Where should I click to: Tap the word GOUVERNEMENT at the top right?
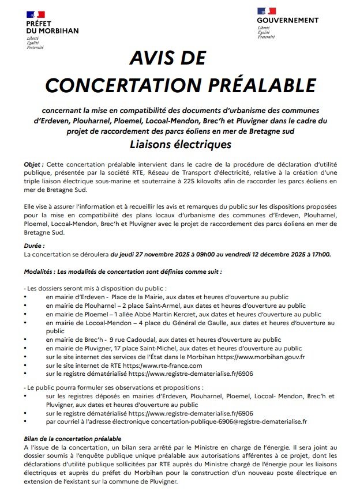(288, 20)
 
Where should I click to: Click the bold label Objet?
(33, 164)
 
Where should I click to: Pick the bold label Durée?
(34, 246)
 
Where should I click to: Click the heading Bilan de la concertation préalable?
(72, 439)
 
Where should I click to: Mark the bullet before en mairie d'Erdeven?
(25, 297)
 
